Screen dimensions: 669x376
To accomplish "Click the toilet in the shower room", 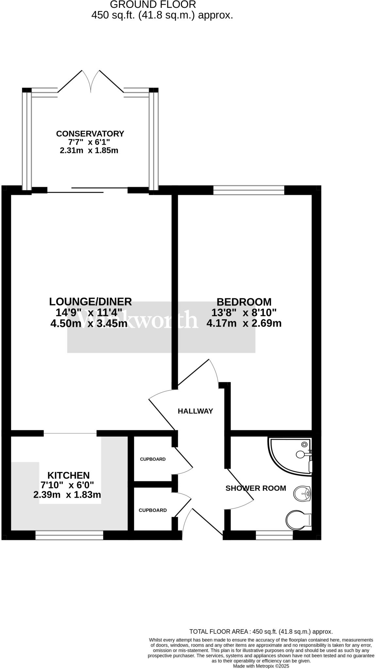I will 298,519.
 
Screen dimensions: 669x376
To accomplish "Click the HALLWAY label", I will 195,411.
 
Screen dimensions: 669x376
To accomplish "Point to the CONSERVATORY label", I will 90,134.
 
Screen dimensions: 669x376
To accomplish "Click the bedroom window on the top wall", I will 249,190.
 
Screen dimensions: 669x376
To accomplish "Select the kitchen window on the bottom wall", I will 69,535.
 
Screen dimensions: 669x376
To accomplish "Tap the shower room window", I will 274,535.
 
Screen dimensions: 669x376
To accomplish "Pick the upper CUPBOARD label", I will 153,459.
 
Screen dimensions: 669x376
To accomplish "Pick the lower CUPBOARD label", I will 153,510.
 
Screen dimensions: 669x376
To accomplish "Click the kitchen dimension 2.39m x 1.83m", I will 67,495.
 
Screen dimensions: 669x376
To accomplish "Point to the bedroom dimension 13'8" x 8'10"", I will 244,313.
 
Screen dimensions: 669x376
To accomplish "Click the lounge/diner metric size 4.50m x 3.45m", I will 89,323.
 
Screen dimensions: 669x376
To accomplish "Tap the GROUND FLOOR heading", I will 153,5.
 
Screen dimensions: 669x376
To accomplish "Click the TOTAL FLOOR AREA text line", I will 261,631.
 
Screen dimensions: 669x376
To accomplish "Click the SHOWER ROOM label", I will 256,488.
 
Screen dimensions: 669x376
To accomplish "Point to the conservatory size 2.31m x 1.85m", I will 89,151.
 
